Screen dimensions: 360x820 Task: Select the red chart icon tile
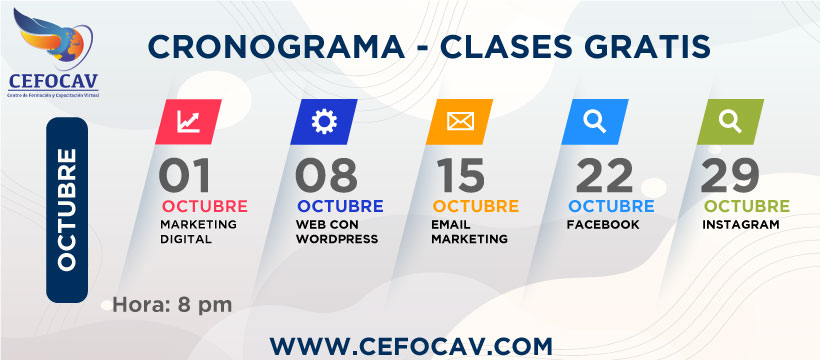[188, 122]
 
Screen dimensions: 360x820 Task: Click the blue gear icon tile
[323, 122]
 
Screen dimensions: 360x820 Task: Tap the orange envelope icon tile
[459, 122]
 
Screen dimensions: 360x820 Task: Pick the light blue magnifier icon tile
[594, 122]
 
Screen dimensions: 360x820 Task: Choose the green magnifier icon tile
[730, 122]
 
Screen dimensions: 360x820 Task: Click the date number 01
[185, 176]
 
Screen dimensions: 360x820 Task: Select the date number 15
[460, 176]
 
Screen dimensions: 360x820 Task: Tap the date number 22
[604, 176]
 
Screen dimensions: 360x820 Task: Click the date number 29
[732, 176]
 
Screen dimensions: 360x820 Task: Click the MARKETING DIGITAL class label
[198, 232]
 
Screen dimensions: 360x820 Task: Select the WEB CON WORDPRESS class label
[337, 232]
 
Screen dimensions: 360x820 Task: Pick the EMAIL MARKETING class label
[469, 232]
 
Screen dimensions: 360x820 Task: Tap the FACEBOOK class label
[602, 225]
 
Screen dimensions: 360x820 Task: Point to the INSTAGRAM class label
[740, 225]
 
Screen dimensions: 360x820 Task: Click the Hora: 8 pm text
[173, 304]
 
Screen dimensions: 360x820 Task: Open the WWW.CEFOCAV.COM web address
[411, 345]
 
